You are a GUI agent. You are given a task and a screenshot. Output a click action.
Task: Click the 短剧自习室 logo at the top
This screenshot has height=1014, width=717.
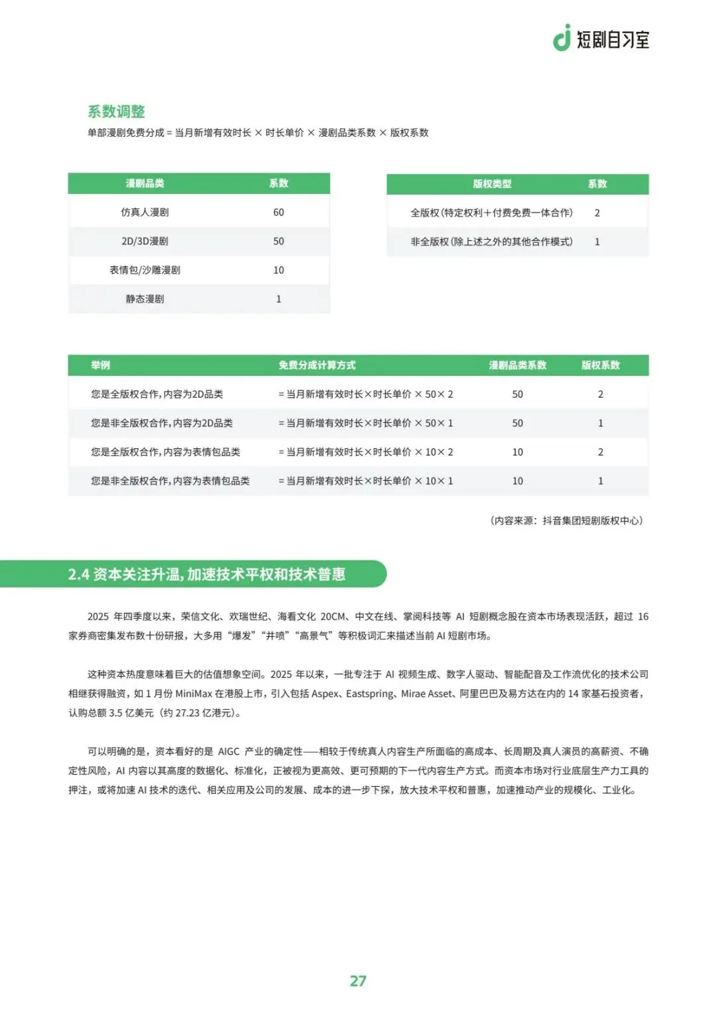[601, 39]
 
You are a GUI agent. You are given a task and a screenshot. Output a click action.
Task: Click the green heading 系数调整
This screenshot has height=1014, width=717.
[116, 112]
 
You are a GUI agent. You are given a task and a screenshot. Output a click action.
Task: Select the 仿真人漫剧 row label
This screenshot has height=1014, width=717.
[145, 212]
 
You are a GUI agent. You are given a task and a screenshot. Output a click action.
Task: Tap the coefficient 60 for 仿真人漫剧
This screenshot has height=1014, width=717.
[278, 212]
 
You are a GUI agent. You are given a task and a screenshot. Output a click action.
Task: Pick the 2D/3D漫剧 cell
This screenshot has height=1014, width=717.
[145, 241]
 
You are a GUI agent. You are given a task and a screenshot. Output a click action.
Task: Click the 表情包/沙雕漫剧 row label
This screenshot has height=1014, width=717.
[145, 270]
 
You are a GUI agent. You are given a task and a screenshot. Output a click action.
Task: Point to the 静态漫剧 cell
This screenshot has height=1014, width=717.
[145, 299]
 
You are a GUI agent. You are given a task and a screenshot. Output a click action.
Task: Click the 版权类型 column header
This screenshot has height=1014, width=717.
[492, 184]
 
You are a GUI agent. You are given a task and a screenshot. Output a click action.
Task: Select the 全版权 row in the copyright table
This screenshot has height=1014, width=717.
[491, 212]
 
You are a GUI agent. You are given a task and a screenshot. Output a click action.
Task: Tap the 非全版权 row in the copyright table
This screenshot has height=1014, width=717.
[491, 242]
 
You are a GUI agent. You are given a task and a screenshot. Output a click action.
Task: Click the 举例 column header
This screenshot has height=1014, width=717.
[100, 365]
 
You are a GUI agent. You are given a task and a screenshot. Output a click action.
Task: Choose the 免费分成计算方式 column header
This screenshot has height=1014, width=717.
[317, 365]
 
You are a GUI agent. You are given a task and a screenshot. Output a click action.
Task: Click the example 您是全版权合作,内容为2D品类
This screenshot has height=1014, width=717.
[157, 394]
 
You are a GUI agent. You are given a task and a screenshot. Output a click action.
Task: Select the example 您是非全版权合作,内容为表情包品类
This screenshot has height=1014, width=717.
[170, 481]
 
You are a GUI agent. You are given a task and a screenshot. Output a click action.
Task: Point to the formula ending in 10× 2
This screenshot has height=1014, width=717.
[366, 452]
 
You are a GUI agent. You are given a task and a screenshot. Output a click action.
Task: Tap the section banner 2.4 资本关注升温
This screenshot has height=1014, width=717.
[206, 574]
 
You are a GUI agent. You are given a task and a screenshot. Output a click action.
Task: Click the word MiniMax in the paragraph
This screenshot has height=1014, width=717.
[193, 693]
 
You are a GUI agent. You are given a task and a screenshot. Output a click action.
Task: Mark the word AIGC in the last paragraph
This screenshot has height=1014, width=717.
[228, 751]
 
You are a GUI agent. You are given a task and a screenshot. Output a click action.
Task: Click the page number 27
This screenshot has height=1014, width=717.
[358, 981]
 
